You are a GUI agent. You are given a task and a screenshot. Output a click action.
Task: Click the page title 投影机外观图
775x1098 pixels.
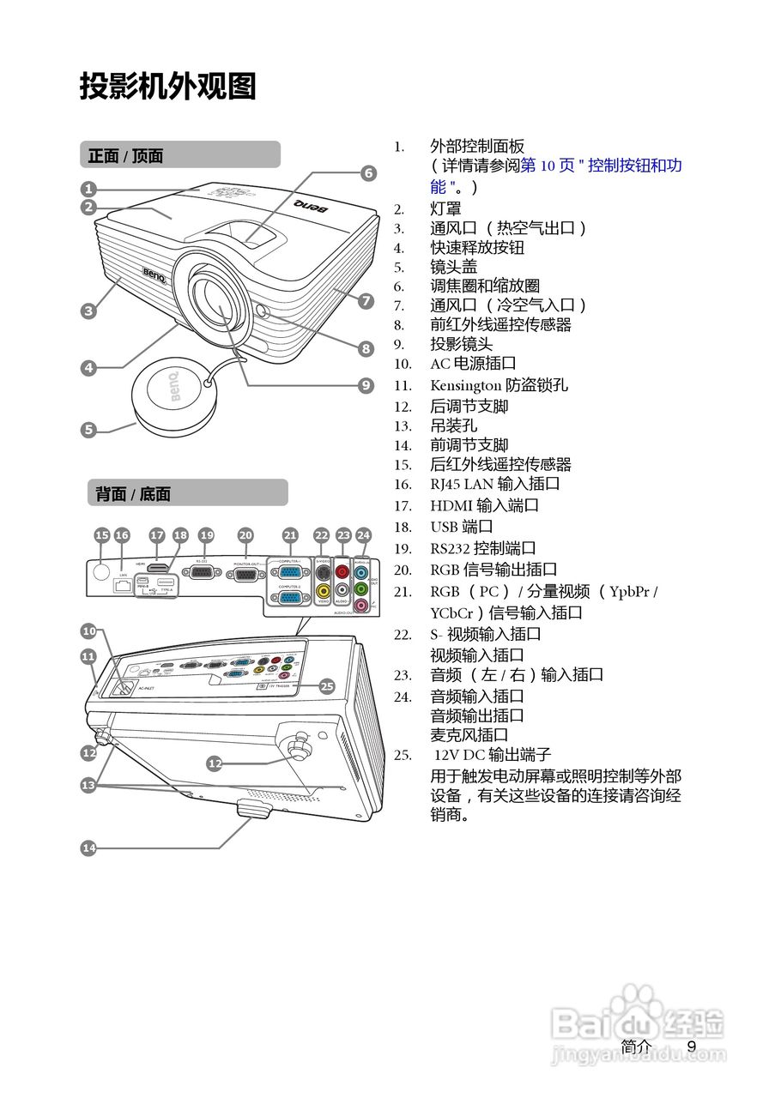pyautogui.click(x=168, y=86)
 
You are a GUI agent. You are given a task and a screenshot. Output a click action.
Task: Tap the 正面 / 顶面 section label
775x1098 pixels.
pyautogui.click(x=126, y=155)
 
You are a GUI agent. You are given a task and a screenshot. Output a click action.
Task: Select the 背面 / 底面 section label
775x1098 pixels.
pyautogui.click(x=133, y=493)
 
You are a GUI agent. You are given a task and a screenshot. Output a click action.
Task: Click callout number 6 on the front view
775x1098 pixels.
pyautogui.click(x=367, y=173)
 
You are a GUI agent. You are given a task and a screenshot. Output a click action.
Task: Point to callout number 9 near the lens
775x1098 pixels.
pyautogui.click(x=366, y=385)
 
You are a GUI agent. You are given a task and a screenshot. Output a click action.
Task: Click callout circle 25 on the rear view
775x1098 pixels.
pyautogui.click(x=326, y=685)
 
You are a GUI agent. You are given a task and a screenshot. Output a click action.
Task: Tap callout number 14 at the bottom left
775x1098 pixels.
pyautogui.click(x=88, y=848)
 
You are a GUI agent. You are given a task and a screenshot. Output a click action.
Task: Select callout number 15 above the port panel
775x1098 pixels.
pyautogui.click(x=101, y=535)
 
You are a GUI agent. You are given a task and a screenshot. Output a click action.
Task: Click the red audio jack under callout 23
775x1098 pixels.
pyautogui.click(x=343, y=570)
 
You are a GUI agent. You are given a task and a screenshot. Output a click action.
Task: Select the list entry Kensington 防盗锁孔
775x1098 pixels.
pyautogui.click(x=499, y=386)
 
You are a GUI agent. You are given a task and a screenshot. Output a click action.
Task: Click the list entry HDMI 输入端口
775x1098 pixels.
pyautogui.click(x=484, y=506)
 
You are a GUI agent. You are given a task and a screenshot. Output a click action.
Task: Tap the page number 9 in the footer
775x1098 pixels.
pyautogui.click(x=692, y=1047)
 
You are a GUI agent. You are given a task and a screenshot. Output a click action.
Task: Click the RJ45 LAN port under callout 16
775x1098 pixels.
pyautogui.click(x=122, y=588)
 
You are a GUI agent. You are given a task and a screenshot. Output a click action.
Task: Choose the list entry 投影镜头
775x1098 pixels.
pyautogui.click(x=461, y=344)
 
